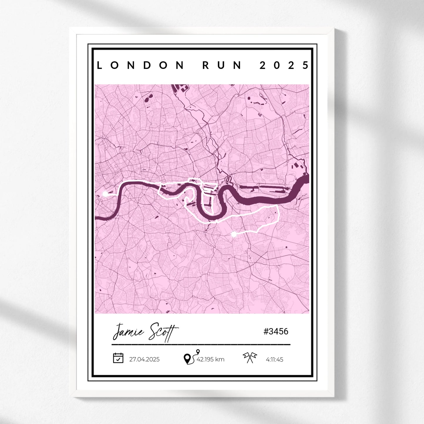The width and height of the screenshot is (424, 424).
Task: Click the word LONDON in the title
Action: click(140, 65)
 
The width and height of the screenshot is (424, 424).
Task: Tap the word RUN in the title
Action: click(222, 65)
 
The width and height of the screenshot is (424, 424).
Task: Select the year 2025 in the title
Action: click(284, 65)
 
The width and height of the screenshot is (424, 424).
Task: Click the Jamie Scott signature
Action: click(146, 332)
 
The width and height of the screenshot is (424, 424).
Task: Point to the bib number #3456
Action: click(276, 332)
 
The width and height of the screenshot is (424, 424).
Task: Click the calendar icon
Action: click(118, 358)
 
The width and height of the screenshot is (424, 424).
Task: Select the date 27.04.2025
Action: click(144, 359)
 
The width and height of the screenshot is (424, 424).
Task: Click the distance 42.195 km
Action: click(210, 359)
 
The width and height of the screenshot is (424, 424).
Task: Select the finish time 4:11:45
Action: click(274, 359)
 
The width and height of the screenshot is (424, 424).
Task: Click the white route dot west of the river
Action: click(105, 194)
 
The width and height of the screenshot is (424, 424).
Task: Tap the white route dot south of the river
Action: click(234, 234)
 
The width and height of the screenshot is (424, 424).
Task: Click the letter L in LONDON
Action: click(99, 65)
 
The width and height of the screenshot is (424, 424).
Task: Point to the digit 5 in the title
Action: click(306, 65)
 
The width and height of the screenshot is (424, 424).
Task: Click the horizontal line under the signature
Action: click(201, 344)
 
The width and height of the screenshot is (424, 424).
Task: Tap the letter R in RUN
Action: click(206, 65)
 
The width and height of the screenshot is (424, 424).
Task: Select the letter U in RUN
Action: click(222, 65)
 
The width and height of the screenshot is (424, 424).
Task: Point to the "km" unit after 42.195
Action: click(219, 359)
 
